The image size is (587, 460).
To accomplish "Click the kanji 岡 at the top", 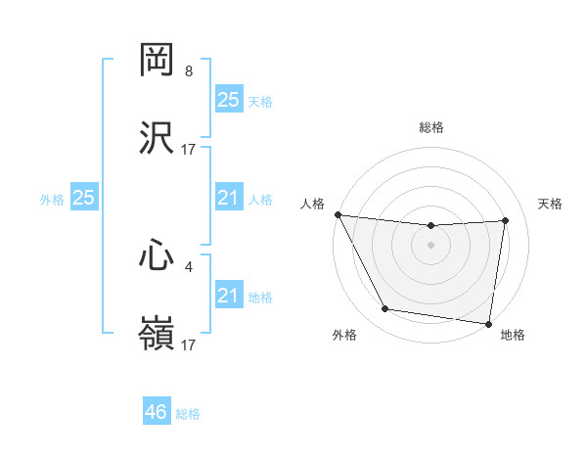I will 158,61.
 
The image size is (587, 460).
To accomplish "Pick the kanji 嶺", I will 158,333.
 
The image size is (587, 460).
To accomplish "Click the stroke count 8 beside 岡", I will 189,71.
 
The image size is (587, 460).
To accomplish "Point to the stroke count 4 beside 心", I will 189,265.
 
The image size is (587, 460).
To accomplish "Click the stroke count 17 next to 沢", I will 189,149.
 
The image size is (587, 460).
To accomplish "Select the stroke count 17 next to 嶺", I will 189,344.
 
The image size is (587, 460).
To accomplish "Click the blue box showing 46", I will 157,412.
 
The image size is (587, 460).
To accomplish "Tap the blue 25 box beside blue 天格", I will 228,100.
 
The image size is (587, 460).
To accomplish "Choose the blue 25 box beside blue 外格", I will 84,198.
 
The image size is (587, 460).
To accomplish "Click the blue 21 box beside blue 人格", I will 228,198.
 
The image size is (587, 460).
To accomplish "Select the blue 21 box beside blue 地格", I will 228,296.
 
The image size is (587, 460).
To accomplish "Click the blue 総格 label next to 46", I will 188,414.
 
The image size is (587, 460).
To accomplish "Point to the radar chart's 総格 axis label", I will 431,127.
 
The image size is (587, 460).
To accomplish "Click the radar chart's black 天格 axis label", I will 551,204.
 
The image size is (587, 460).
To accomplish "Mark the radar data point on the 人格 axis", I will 338,214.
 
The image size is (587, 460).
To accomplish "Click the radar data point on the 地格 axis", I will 488,323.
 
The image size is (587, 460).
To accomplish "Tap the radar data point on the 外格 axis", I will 385,310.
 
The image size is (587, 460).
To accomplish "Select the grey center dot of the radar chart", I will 431,245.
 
